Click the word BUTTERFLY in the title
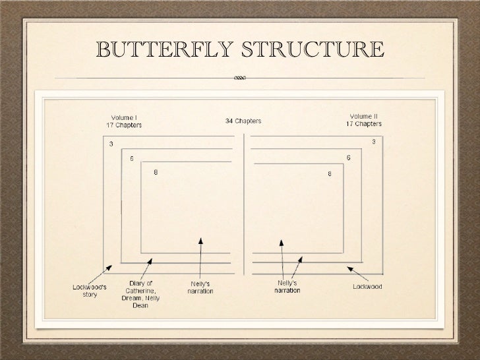tap(164, 49)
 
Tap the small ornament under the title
tap(239, 78)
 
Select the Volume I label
tap(124, 120)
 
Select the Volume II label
tap(363, 120)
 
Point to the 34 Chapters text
tap(243, 121)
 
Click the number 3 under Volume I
tap(111, 144)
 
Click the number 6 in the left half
tap(131, 159)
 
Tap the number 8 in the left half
tap(156, 173)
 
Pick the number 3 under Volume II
tap(373, 142)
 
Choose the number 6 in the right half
tap(348, 158)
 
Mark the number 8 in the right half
tap(329, 174)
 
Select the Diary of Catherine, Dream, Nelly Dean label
tap(140, 294)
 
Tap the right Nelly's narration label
tap(287, 287)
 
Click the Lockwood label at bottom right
tap(367, 287)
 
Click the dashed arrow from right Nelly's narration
tap(297, 266)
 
